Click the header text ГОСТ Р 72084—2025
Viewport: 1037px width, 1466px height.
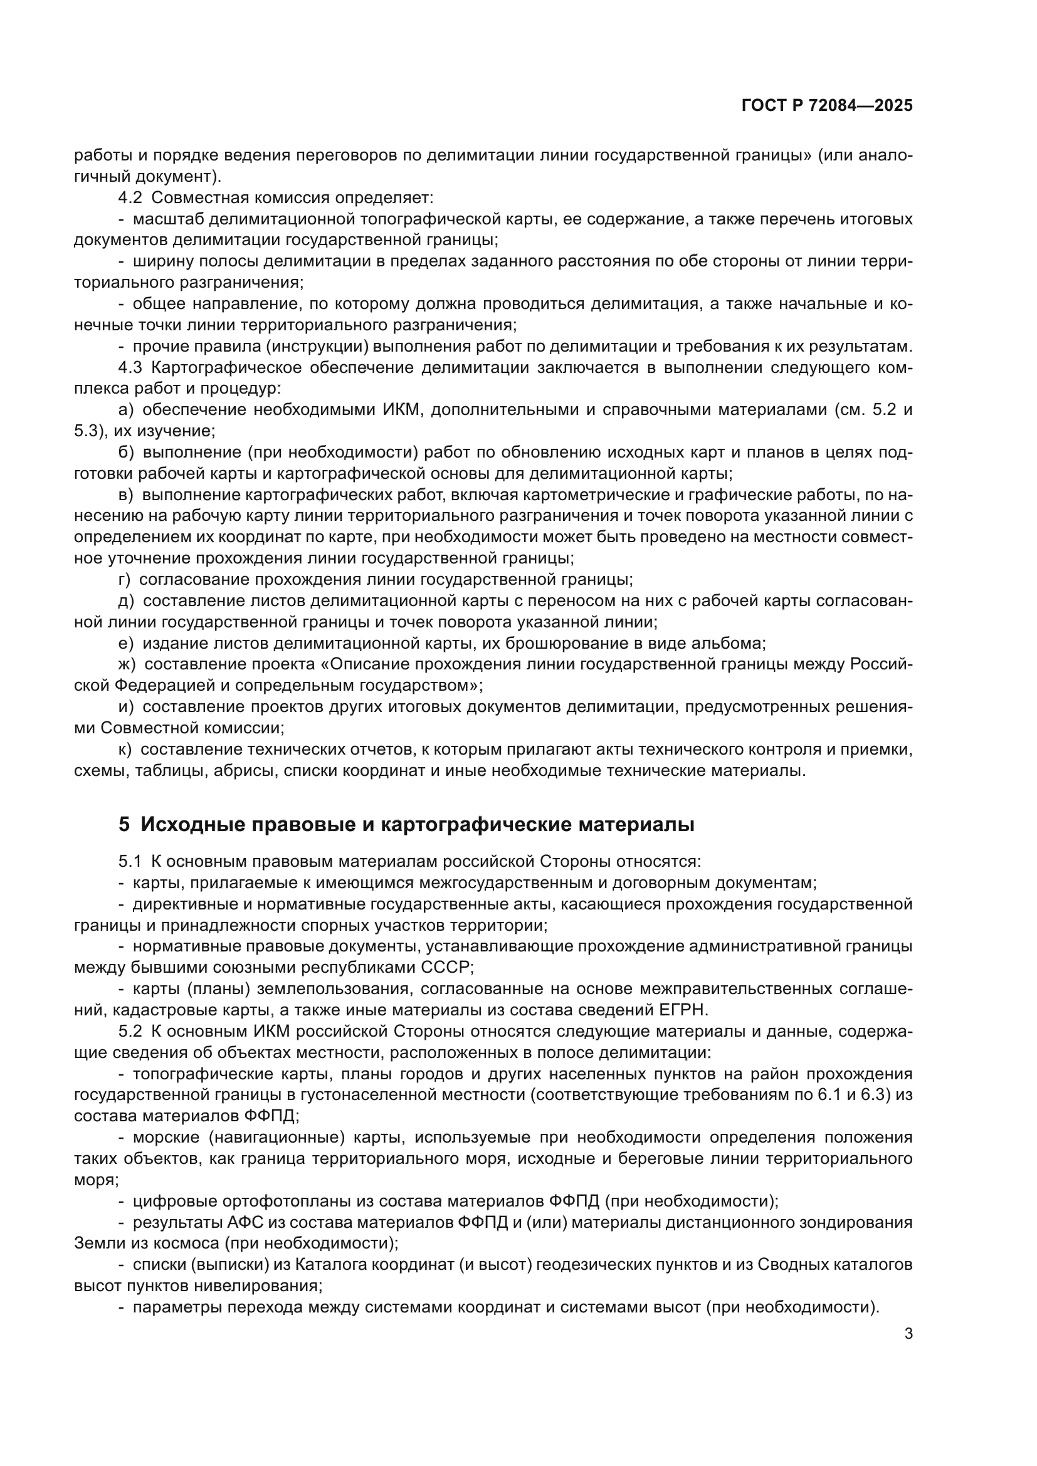827,106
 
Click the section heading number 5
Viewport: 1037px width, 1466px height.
124,825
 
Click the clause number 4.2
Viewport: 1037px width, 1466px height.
130,198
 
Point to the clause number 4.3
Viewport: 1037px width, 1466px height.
130,368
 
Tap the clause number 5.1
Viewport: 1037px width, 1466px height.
130,862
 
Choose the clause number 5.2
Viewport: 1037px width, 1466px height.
130,1032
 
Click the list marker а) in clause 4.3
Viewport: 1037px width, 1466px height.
125,410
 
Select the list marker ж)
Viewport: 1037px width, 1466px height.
127,664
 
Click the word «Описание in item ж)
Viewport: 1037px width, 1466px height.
364,664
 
